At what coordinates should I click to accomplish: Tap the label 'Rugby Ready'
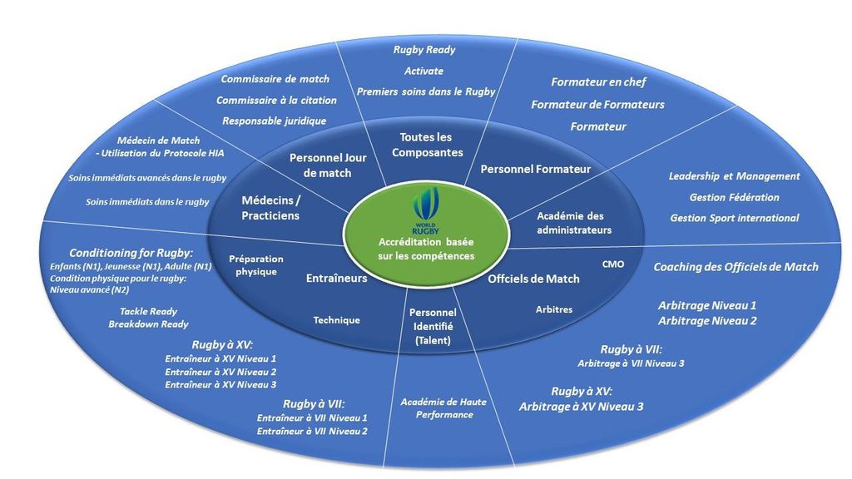(424, 50)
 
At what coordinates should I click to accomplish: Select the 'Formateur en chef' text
(598, 82)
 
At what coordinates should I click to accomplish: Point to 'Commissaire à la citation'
(276, 101)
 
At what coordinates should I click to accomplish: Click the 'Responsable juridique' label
(274, 121)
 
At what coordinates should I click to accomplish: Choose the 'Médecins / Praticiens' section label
(270, 208)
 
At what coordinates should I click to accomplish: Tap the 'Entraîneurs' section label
(336, 279)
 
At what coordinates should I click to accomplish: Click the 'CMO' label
(612, 264)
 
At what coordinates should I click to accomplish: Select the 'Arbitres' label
(553, 309)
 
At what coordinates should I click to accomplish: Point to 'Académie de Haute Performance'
(443, 407)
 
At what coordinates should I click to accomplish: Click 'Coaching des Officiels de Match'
(736, 267)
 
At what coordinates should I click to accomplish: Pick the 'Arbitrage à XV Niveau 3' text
(581, 407)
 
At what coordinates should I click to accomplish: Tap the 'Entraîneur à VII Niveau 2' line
(312, 432)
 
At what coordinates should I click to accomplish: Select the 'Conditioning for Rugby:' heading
(131, 253)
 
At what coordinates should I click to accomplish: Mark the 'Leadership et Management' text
(734, 176)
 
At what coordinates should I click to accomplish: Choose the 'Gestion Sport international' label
(734, 218)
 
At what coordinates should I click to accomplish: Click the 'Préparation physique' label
(255, 265)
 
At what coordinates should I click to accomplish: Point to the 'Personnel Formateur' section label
(536, 169)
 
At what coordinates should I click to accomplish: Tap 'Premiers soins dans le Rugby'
(425, 91)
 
